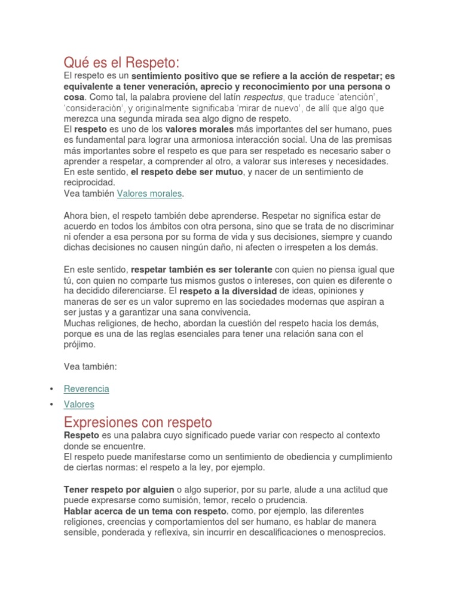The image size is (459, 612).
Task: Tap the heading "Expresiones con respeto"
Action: pyautogui.click(x=137, y=421)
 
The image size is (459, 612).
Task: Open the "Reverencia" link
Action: pyautogui.click(x=87, y=388)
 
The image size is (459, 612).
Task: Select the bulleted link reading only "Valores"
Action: pyautogui.click(x=79, y=405)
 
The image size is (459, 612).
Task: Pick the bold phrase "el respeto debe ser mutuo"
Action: pyautogui.click(x=186, y=172)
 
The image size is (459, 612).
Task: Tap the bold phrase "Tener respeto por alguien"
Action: pyautogui.click(x=119, y=489)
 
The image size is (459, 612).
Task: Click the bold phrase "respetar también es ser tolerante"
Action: pyautogui.click(x=201, y=270)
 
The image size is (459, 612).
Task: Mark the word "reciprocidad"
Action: pyautogui.click(x=88, y=183)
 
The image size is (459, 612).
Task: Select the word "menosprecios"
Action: pyautogui.click(x=357, y=533)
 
